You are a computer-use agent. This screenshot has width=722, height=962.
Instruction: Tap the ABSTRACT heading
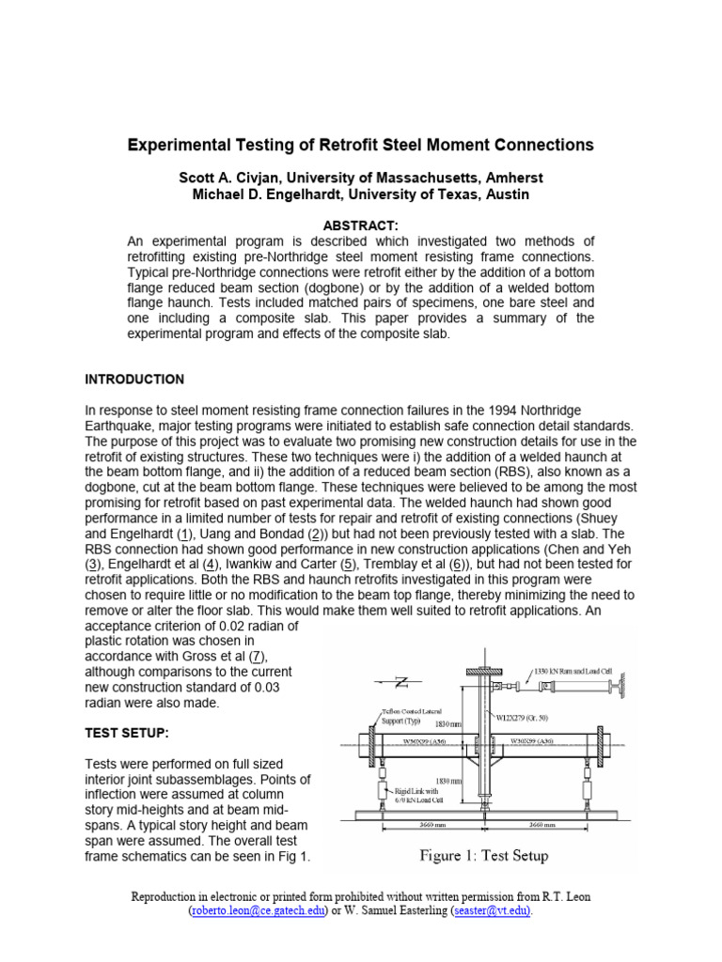click(361, 226)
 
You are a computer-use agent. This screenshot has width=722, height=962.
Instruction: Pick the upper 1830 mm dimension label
click(448, 724)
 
